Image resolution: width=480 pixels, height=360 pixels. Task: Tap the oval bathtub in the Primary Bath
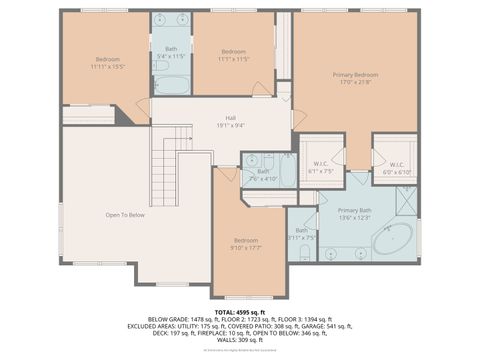coord(393,240)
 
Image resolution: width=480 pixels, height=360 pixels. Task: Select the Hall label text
coord(230,122)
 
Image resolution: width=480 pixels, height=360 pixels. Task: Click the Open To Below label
coord(125,215)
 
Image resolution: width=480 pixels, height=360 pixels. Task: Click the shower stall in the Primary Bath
coord(406,201)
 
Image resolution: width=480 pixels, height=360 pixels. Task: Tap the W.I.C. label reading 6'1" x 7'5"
coord(321,168)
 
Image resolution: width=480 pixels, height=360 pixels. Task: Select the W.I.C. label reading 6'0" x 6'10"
coord(395,168)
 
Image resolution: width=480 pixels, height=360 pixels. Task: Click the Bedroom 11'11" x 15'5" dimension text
coord(105,66)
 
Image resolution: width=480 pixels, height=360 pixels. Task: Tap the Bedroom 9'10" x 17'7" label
coord(246,244)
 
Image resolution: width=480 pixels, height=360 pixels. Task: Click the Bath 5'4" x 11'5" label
coord(171,52)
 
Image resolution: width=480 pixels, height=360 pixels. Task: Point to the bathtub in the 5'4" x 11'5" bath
coord(171,84)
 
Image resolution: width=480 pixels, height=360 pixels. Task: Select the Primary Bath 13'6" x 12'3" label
coord(354,214)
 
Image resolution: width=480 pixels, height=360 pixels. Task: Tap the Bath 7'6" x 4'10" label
coord(262,174)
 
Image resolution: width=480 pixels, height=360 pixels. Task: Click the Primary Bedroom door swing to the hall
coord(299,118)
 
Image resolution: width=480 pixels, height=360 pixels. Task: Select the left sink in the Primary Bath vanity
coord(331,254)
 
